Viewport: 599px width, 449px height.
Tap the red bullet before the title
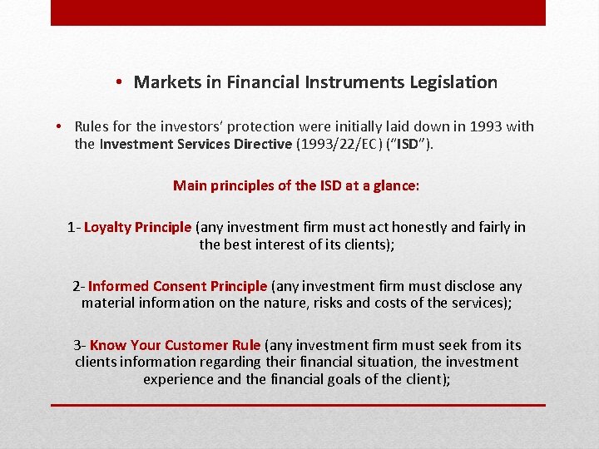coord(121,82)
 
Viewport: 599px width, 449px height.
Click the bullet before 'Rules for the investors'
coord(61,127)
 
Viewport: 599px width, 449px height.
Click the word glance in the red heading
coord(392,185)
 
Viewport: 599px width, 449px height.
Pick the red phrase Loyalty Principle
coord(137,227)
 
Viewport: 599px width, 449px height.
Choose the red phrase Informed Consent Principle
coord(177,286)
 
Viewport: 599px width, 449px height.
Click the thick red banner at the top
coord(298,12)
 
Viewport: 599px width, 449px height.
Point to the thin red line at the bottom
coord(298,405)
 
